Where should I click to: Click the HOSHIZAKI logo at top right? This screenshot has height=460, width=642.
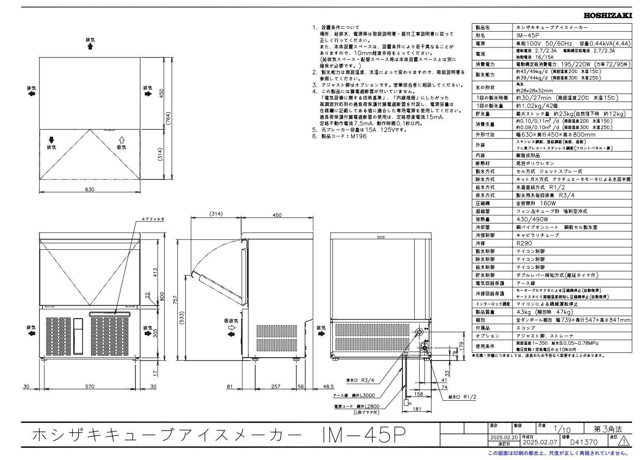pos(608,16)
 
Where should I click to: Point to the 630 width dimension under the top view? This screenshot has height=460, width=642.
pos(89,190)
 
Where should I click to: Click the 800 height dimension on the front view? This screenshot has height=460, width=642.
pos(161,297)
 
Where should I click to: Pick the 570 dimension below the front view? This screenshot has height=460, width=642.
pos(89,386)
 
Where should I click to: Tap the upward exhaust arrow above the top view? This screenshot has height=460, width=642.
pos(90,46)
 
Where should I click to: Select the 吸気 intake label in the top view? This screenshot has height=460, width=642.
pos(121,147)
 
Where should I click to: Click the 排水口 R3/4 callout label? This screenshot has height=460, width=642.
pos(360,380)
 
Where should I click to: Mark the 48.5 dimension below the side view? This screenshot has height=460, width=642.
pos(328,386)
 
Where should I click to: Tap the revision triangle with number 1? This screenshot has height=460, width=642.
pos(623,442)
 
